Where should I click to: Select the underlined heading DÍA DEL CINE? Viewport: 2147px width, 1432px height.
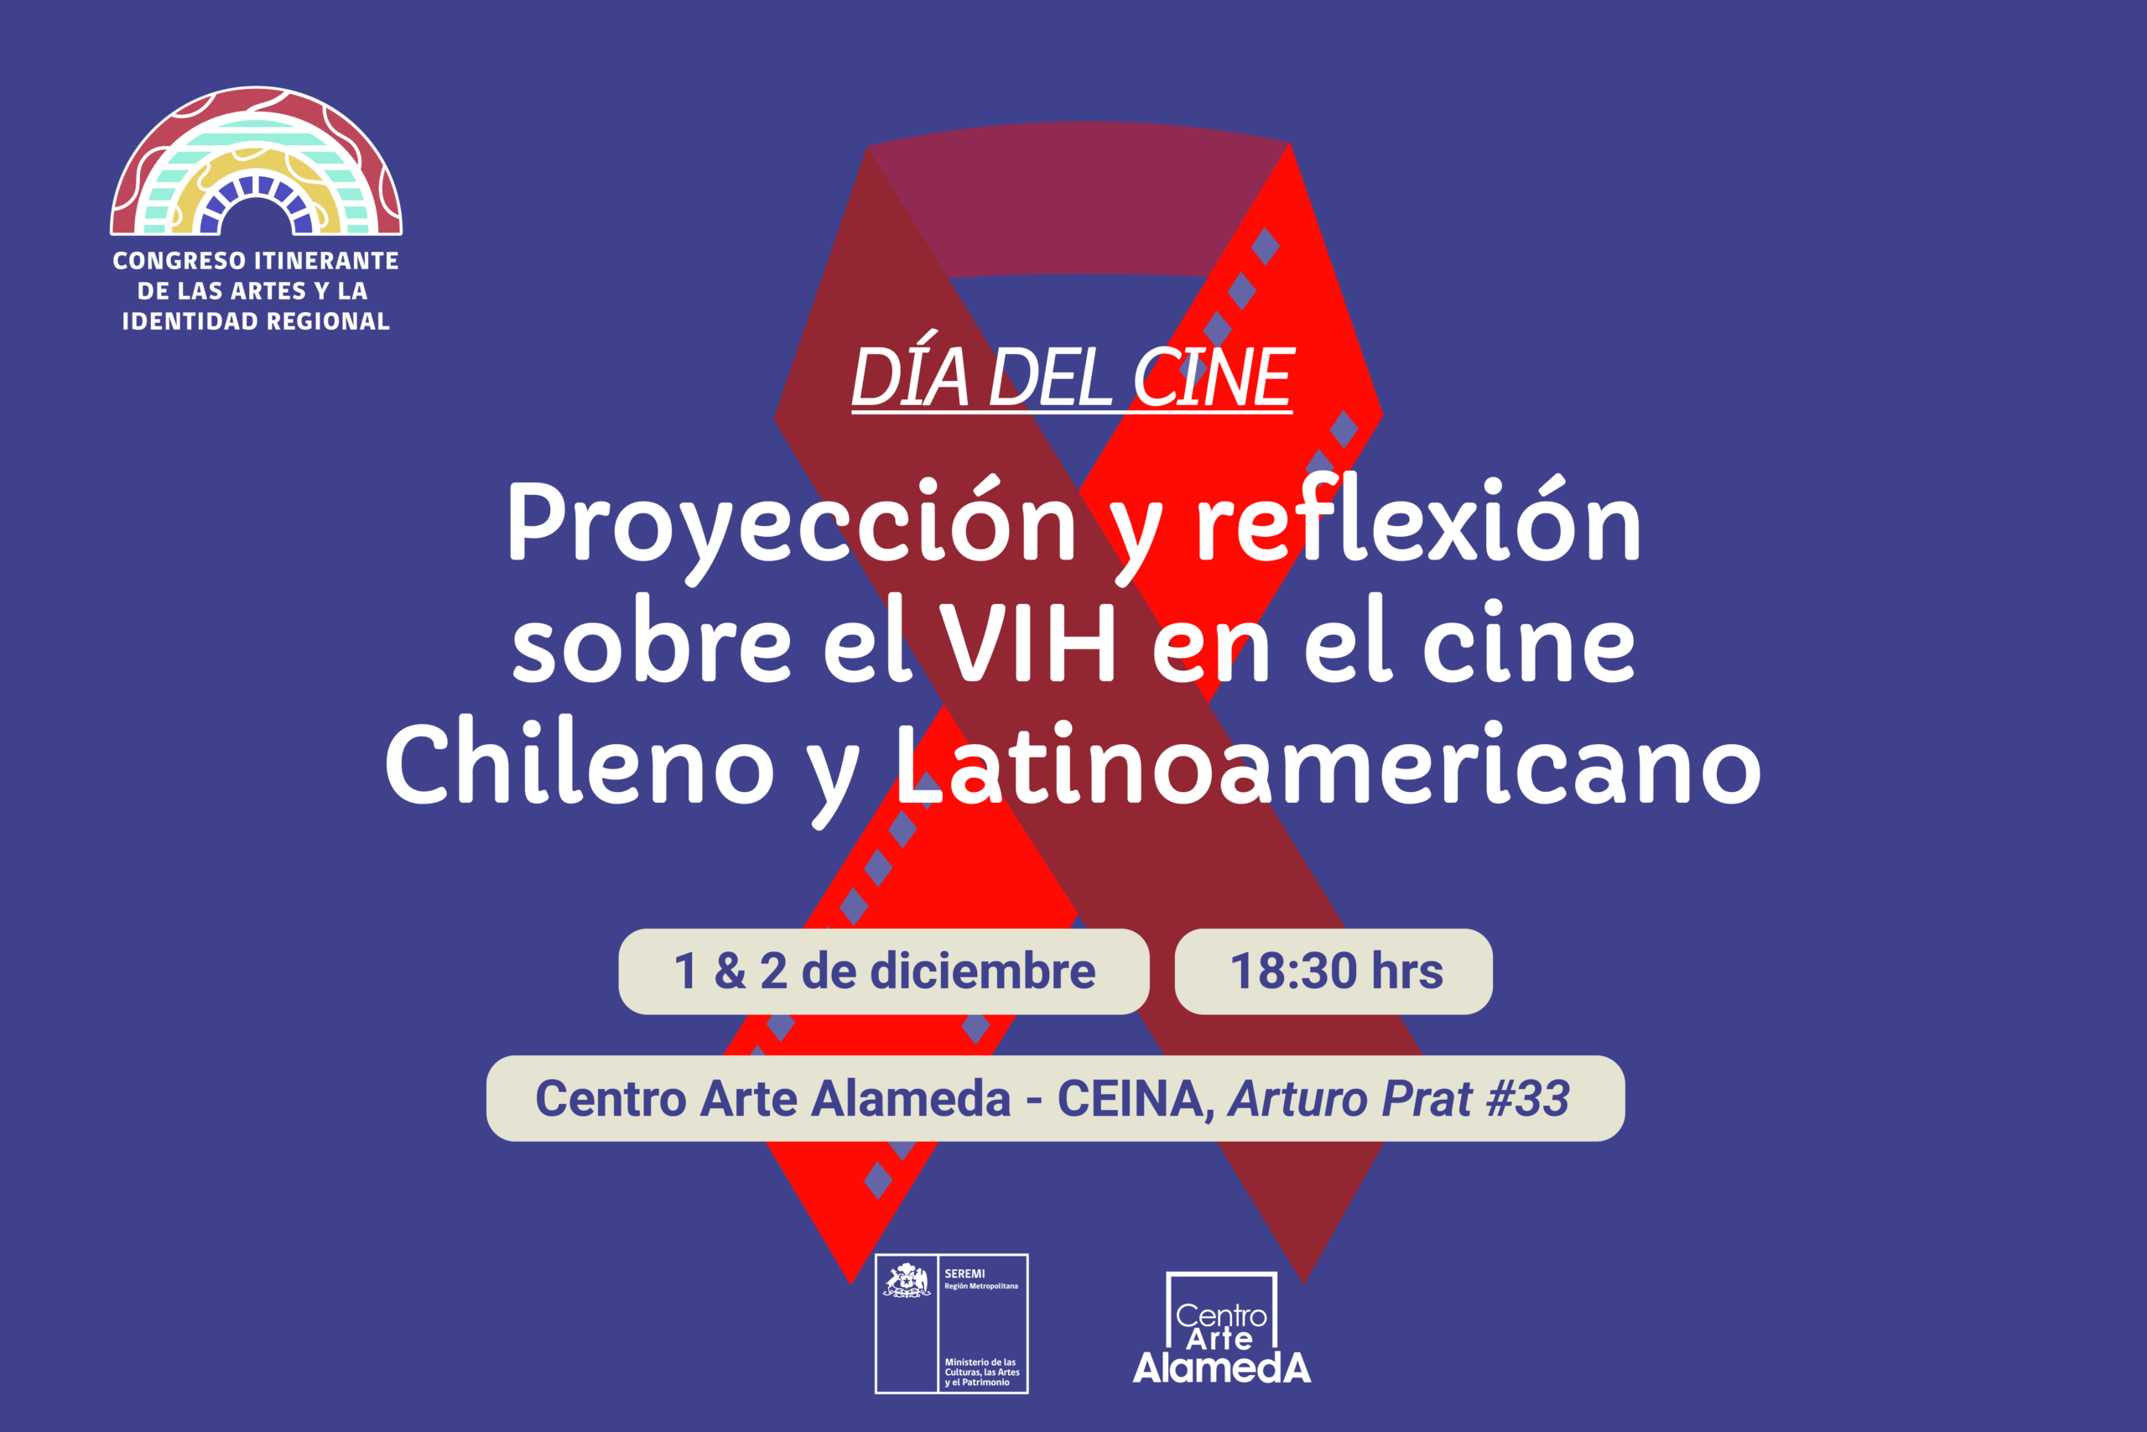tap(1072, 378)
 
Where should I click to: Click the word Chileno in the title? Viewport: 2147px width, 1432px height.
tap(580, 763)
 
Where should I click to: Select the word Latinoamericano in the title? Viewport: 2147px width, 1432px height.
tap(1328, 763)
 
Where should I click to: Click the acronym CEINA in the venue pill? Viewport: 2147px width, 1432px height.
tap(1130, 1099)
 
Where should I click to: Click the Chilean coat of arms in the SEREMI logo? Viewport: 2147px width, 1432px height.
tap(906, 1281)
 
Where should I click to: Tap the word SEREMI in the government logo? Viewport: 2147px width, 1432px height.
tap(964, 1273)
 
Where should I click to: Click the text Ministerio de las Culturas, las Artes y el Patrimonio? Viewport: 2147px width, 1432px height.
tap(981, 1372)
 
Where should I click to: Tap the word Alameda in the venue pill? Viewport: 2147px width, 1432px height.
tap(910, 1099)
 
